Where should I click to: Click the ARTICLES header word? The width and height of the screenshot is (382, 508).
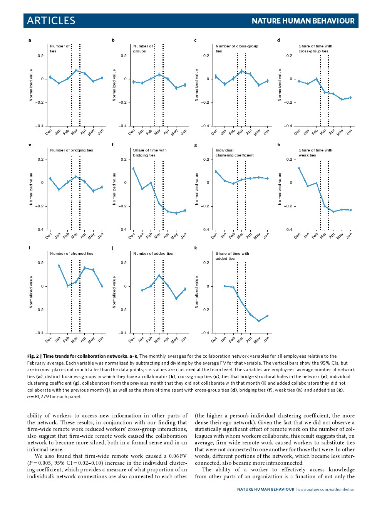[x=51, y=21]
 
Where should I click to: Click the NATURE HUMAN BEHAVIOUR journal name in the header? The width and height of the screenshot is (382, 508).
[x=303, y=21]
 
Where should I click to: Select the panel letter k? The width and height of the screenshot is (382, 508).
[x=196, y=248]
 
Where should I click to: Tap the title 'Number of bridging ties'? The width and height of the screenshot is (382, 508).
[x=72, y=150]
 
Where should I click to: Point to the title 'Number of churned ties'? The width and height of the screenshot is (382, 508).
[x=72, y=254]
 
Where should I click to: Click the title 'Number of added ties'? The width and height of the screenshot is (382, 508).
[x=153, y=254]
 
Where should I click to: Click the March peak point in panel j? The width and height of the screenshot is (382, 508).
[x=159, y=275]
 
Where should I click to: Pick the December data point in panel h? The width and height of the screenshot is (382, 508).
[x=299, y=168]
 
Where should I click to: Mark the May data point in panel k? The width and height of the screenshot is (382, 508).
[x=259, y=321]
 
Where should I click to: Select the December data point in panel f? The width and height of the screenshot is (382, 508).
[x=133, y=168]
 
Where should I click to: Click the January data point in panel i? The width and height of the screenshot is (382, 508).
[x=59, y=266]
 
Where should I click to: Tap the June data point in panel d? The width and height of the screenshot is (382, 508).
[x=350, y=98]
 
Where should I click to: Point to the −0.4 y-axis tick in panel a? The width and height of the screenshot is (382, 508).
[x=40, y=126]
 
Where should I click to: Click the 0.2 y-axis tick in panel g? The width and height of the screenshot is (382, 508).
[x=206, y=160]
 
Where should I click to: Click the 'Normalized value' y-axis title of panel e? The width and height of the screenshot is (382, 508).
[x=31, y=189]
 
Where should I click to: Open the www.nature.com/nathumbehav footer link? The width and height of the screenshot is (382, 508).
[x=325, y=489]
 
